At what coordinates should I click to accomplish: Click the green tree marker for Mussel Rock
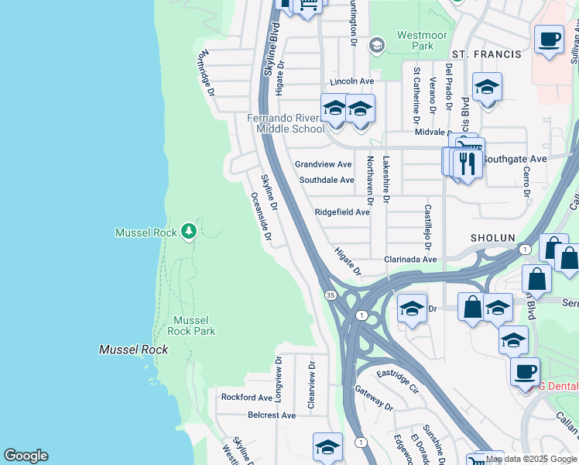(x=188, y=231)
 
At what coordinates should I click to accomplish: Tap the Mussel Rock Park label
(x=190, y=325)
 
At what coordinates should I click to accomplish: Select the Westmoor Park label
(x=414, y=40)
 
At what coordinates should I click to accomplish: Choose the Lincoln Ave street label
(x=351, y=81)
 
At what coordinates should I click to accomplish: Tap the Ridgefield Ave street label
(x=341, y=212)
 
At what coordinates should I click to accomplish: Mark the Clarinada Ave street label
(x=411, y=260)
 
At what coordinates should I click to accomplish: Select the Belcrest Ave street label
(x=272, y=415)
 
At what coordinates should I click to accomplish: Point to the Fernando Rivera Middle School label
(x=286, y=123)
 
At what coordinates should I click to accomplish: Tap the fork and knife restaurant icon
(x=467, y=164)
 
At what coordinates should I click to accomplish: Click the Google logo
(x=26, y=456)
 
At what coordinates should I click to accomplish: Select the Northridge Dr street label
(x=205, y=74)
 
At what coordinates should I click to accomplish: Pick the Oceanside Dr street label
(x=259, y=216)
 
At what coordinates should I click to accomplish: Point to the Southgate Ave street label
(x=515, y=158)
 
